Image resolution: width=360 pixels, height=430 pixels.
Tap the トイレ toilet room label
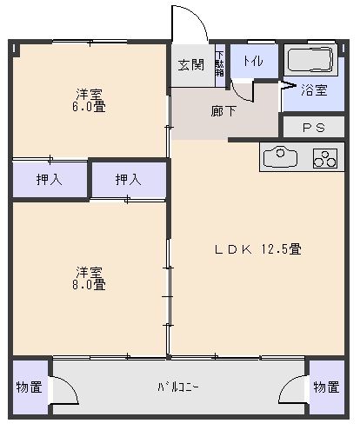point(253,61)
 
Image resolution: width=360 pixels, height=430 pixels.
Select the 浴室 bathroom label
point(314,89)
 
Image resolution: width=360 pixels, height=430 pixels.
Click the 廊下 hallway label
point(223,110)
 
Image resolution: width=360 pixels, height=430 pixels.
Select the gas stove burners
point(325,160)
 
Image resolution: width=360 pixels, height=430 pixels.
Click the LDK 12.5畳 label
point(258,249)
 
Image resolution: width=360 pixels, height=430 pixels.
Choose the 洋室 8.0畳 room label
point(89,276)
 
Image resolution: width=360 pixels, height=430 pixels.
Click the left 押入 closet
point(49,180)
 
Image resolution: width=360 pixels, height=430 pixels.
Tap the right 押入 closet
point(129,180)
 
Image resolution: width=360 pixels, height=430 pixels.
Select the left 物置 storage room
point(29,387)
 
